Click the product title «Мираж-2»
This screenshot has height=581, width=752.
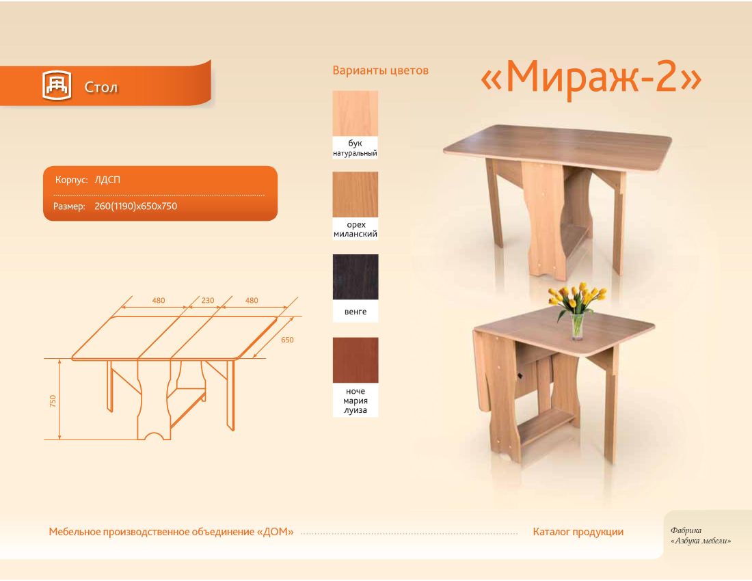tap(591, 76)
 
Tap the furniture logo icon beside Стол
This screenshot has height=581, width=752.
tap(57, 85)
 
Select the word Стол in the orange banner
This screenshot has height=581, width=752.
tap(100, 87)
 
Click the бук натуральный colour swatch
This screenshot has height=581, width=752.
tap(355, 113)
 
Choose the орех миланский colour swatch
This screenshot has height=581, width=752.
tap(355, 195)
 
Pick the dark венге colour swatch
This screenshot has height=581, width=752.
tap(355, 277)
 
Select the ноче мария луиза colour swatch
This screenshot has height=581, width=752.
tap(355, 360)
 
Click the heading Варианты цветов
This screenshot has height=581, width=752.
tap(380, 70)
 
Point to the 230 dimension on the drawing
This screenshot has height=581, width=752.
tap(208, 301)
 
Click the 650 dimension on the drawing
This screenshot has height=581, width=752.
tap(287, 340)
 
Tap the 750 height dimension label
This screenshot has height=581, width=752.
tap(53, 401)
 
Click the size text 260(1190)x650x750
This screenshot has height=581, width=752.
tap(136, 206)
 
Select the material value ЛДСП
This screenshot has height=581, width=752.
tap(107, 180)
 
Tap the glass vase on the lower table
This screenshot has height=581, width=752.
tap(578, 327)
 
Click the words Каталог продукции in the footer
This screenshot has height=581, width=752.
tap(578, 532)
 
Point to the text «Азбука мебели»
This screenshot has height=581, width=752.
tap(701, 541)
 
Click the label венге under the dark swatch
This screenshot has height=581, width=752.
tap(355, 312)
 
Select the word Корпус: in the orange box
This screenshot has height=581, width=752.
tap(72, 180)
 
